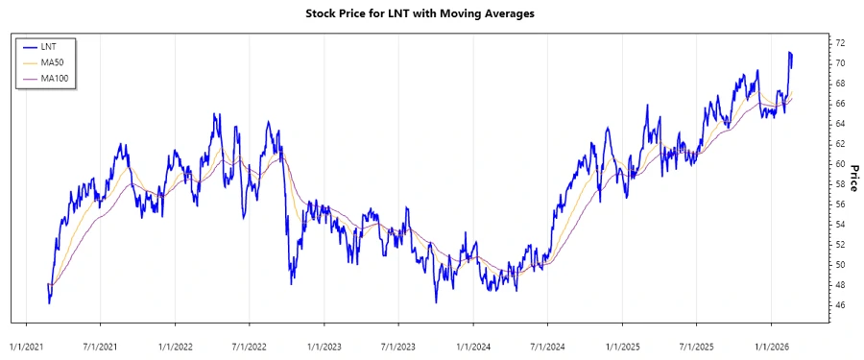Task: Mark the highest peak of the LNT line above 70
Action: click(789, 52)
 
